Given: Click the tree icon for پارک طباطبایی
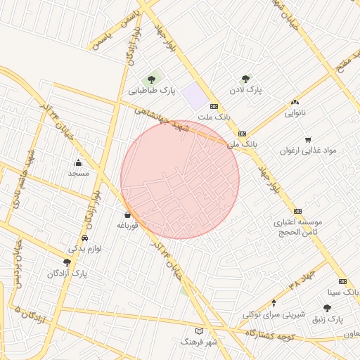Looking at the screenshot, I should [x=150, y=79].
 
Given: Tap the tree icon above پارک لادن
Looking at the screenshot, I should [x=245, y=79].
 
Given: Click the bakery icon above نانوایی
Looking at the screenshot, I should [x=295, y=103].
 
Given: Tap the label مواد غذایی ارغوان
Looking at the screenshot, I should [x=309, y=150].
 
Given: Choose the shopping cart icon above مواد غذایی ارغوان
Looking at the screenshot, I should [x=308, y=140].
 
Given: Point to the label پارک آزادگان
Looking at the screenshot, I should [x=67, y=273].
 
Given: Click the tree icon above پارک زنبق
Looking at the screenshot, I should [x=327, y=308].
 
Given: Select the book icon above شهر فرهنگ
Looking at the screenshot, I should [x=199, y=330].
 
